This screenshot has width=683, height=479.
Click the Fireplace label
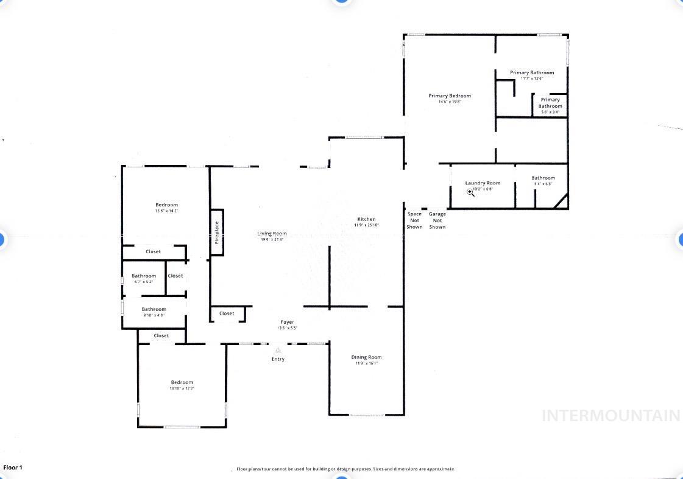[217, 232]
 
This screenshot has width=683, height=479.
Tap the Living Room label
[272, 233]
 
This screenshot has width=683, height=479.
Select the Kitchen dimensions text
[366, 225]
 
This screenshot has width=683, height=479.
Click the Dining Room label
[366, 357]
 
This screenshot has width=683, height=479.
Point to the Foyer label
[287, 322]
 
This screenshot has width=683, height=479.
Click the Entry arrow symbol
[278, 350]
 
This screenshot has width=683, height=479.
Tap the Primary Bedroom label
[450, 96]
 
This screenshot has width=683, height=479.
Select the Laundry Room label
[483, 183]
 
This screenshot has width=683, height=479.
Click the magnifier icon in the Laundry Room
[470, 192]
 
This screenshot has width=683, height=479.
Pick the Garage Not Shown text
[437, 220]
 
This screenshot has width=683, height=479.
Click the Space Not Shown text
[414, 220]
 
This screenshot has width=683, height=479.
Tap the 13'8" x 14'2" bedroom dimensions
[166, 211]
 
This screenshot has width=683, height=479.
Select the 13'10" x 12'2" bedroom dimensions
[182, 388]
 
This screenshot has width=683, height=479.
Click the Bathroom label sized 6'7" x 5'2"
[144, 276]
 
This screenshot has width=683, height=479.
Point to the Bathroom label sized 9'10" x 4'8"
[154, 309]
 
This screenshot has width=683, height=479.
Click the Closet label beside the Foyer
[227, 313]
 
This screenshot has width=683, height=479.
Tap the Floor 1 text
[13, 467]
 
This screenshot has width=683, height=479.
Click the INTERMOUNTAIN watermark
[610, 416]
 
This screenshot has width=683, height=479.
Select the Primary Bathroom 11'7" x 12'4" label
[532, 72]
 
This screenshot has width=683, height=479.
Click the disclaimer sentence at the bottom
[345, 469]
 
